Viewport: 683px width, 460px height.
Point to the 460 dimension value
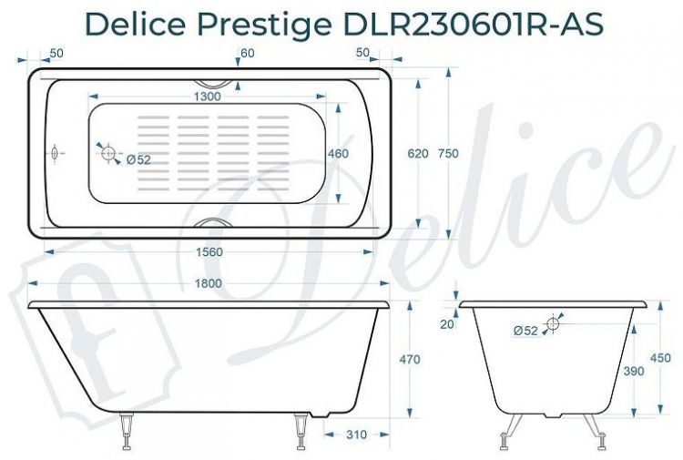click(x=338, y=155)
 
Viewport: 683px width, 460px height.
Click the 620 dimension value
click(x=418, y=154)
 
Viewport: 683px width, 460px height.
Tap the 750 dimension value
click(x=448, y=154)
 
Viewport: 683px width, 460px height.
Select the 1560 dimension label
click(x=209, y=251)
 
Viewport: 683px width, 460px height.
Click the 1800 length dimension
click(x=209, y=283)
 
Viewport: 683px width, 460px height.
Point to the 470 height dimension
click(x=410, y=359)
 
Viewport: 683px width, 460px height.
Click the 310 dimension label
click(x=356, y=435)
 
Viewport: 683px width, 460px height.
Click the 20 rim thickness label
click(x=445, y=324)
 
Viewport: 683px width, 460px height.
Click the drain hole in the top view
click(x=107, y=154)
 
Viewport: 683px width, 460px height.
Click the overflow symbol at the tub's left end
click(x=54, y=154)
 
